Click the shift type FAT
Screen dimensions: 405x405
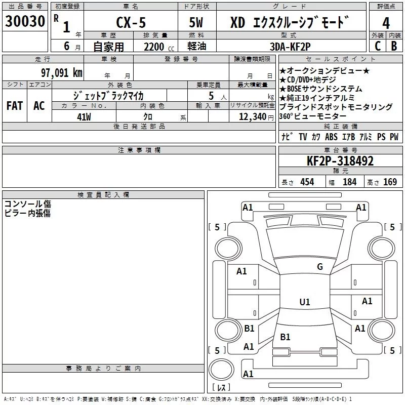coord(14,106)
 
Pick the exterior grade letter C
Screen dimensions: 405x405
coord(377,46)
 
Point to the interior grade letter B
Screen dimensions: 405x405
coord(394,46)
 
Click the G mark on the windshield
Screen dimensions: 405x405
coord(320,267)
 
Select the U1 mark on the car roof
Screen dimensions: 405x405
coord(304,302)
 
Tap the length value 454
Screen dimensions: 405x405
coord(307,182)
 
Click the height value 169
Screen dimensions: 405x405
coord(390,182)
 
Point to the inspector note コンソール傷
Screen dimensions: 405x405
coord(27,204)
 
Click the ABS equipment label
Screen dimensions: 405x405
coord(331,137)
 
